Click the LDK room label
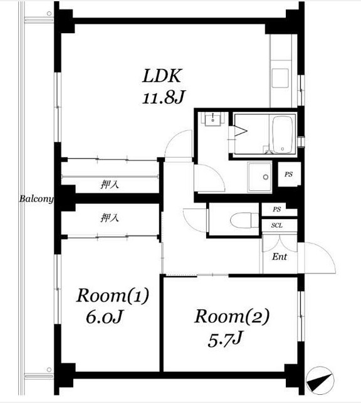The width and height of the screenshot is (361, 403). click(162, 76)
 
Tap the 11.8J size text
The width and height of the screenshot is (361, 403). click(164, 98)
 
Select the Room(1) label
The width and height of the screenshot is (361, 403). click(113, 295)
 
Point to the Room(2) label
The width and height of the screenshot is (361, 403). click(232, 317)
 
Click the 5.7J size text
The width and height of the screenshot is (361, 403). click(226, 339)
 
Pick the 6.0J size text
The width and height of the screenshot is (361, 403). click(104, 317)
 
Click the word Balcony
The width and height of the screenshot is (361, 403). click(36, 198)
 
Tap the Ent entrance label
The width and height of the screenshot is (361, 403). click(280, 257)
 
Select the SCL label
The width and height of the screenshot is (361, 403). click(277, 226)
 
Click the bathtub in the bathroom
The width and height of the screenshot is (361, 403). click(283, 135)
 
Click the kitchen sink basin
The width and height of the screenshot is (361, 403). click(280, 78)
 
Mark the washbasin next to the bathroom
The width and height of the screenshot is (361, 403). click(212, 120)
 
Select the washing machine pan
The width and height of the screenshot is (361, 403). click(260, 177)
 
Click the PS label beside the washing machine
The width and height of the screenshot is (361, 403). click(289, 174)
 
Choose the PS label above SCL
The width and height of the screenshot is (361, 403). click(277, 209)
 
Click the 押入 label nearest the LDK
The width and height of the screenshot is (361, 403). click(110, 184)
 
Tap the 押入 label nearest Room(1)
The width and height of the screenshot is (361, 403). click(110, 218)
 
